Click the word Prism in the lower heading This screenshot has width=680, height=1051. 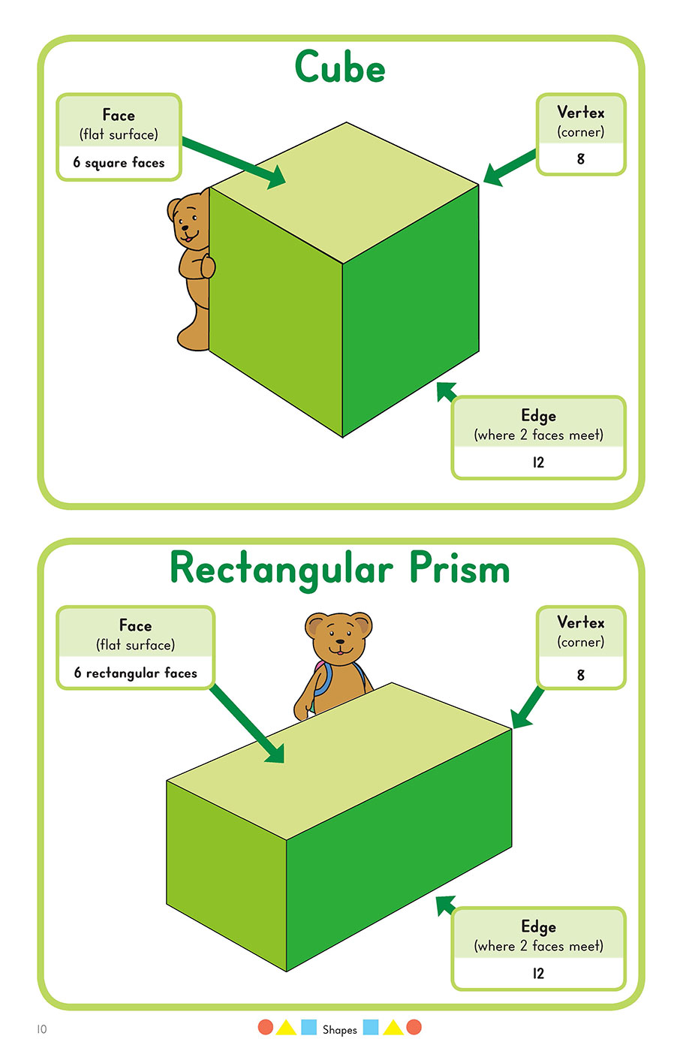coord(459,568)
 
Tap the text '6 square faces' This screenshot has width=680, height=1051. coord(119,162)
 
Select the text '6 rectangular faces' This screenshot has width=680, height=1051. coord(135,673)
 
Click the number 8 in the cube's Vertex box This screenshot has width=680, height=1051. coord(580,158)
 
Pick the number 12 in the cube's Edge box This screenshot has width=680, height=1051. coord(538,462)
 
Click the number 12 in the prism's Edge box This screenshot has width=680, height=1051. coord(538,973)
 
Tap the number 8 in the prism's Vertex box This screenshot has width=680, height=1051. coord(580,674)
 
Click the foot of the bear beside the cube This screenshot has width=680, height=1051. coord(188,339)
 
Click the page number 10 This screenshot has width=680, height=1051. coord(41,1028)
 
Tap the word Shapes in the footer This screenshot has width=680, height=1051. coord(339,1029)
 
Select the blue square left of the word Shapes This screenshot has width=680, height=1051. coord(308,1027)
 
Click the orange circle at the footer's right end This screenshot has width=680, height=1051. coord(414,1027)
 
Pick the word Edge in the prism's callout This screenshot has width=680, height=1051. coord(538,926)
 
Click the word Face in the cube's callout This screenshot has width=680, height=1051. coord(119,115)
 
